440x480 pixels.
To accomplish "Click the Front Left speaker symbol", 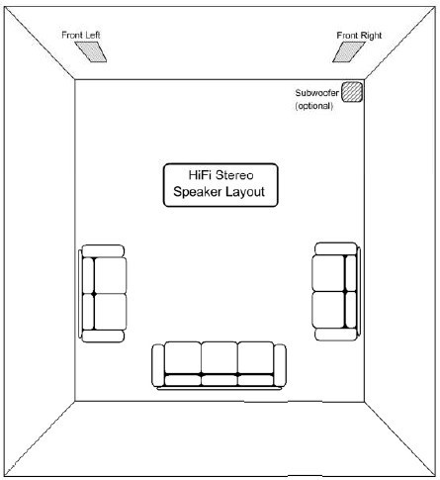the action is click(x=91, y=51).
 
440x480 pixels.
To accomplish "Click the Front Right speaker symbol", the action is click(x=349, y=51).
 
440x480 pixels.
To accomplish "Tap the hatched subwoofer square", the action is click(x=352, y=92).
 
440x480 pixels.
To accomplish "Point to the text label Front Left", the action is click(x=81, y=35).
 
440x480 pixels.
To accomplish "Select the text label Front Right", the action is click(x=359, y=36).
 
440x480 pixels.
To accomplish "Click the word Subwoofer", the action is click(x=317, y=93).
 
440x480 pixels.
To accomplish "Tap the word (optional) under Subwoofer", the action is click(x=314, y=106).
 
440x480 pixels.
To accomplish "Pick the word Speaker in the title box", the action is click(x=196, y=192).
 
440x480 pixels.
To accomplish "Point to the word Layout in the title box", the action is click(x=243, y=192).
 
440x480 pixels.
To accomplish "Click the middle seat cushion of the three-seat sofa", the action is click(x=220, y=357).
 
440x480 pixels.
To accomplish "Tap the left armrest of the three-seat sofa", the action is click(x=158, y=365).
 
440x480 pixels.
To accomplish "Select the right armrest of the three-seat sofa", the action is click(x=280, y=365).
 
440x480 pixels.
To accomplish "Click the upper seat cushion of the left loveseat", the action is click(x=110, y=275).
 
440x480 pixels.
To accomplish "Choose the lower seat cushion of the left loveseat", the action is click(x=110, y=312).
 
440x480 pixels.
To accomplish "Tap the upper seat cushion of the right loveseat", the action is click(x=328, y=273).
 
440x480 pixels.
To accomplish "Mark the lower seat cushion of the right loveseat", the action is click(x=328, y=310).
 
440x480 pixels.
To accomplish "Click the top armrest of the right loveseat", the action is click(x=336, y=248).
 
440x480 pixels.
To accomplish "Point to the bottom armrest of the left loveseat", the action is click(x=103, y=336).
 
